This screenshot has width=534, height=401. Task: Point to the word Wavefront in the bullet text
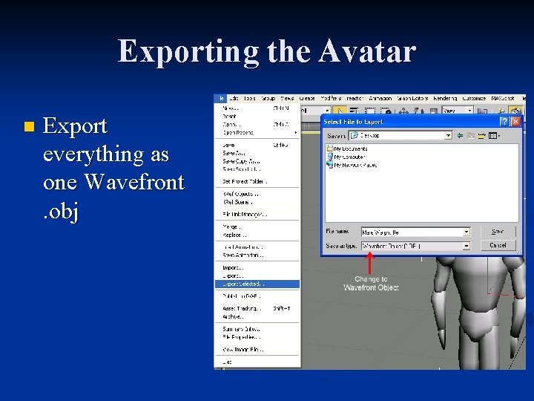tap(134, 183)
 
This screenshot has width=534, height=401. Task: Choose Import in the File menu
tap(233, 267)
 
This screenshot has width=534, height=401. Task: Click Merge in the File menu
tap(232, 227)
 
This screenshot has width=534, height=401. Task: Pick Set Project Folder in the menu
tap(244, 180)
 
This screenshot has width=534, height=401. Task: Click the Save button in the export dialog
tap(498, 232)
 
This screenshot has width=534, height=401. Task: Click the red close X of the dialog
tap(516, 121)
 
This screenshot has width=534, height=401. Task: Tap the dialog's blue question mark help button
tap(504, 121)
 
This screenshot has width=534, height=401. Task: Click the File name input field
tap(411, 232)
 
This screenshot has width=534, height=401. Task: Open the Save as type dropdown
tap(466, 246)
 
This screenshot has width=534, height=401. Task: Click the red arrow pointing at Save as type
tap(370, 261)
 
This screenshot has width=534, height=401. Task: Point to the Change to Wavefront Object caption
tap(371, 283)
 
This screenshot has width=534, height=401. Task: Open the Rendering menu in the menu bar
tap(445, 98)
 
